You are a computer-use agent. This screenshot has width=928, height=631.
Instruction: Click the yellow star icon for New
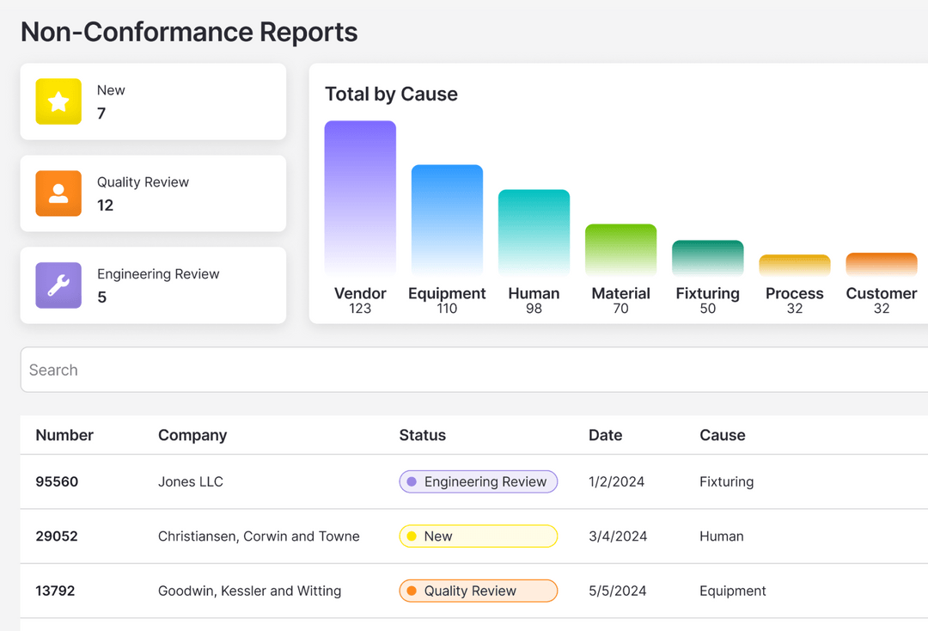[x=58, y=101]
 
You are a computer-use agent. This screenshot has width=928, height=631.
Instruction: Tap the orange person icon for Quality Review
[x=58, y=193]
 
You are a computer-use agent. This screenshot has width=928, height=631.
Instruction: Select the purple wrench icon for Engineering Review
[x=58, y=285]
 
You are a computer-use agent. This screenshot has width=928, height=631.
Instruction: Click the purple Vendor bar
[x=360, y=198]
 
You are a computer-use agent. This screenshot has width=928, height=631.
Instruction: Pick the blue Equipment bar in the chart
[x=447, y=219]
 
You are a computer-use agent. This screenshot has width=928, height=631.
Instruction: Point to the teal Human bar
[x=534, y=232]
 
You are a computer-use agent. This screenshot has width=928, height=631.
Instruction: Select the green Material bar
[x=620, y=249]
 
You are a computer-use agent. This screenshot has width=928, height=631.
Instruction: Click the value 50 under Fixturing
[x=707, y=309]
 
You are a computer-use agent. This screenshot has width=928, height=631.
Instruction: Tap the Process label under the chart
[x=794, y=293]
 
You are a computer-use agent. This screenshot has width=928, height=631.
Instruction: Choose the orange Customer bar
[x=881, y=264]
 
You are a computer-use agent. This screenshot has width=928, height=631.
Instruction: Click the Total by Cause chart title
[x=391, y=95]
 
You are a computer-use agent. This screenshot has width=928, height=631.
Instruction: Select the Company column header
[x=192, y=435]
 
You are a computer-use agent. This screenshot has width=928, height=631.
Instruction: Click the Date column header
[x=605, y=435]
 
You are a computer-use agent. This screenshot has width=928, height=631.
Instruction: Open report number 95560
[x=57, y=481]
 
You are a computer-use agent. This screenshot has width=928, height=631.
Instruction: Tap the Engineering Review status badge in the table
[x=478, y=481]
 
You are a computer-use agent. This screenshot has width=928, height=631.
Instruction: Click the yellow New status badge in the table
[x=478, y=536]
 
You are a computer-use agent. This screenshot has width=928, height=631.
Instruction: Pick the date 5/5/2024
[x=617, y=591]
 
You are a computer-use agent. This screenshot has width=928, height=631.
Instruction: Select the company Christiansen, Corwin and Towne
[x=259, y=536]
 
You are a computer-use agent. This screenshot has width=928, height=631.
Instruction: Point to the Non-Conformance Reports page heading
[x=189, y=32]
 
